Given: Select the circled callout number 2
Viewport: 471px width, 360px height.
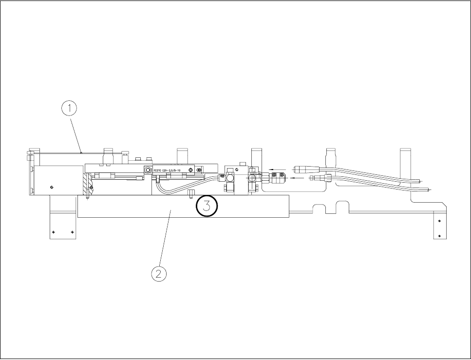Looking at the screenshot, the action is point(158,274).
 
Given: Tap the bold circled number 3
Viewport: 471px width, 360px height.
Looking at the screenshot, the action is point(207,206).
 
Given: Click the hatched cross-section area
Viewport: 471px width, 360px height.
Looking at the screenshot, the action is point(87,184).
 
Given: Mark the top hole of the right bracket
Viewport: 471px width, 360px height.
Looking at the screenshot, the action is point(439,221).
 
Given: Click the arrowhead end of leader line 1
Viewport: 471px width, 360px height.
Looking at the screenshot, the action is point(81,152).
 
